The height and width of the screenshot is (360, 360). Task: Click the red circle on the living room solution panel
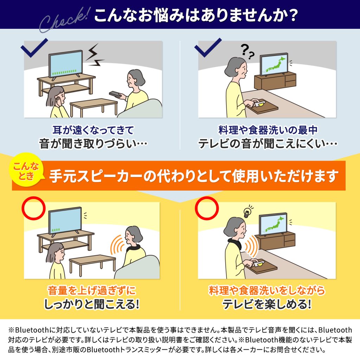(x=33, y=208)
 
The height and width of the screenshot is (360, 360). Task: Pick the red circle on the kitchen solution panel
(x=207, y=208)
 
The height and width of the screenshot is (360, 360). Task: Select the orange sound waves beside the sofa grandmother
(x=118, y=245)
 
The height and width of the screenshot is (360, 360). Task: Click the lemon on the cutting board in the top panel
(x=262, y=104)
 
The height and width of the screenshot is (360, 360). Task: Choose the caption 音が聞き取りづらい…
(x=93, y=144)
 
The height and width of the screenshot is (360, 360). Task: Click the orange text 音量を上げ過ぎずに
(x=92, y=290)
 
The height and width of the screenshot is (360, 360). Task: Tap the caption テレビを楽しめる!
(x=267, y=304)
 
